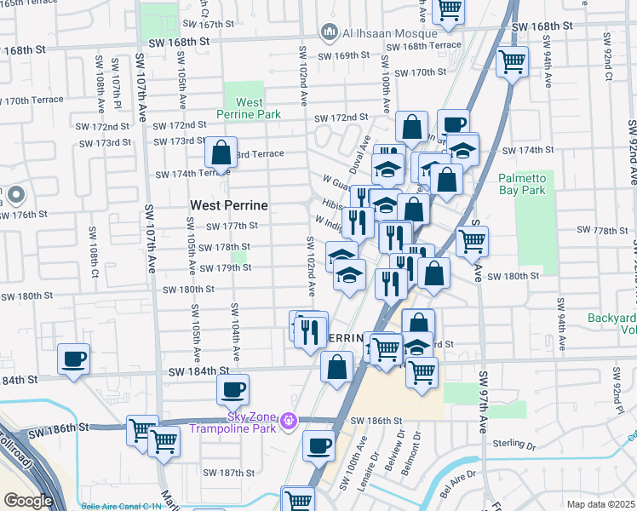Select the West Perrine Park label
pyautogui.click(x=247, y=108)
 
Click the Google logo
pyautogui.click(x=28, y=501)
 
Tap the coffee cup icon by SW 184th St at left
pyautogui.click(x=74, y=358)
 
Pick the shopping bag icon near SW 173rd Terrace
pyautogui.click(x=221, y=152)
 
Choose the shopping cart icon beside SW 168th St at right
pyautogui.click(x=513, y=61)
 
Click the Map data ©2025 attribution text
pyautogui.click(x=600, y=504)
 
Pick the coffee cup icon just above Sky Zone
pyautogui.click(x=232, y=390)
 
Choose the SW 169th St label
pyautogui.click(x=344, y=55)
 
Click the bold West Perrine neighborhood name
pyautogui.click(x=228, y=205)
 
